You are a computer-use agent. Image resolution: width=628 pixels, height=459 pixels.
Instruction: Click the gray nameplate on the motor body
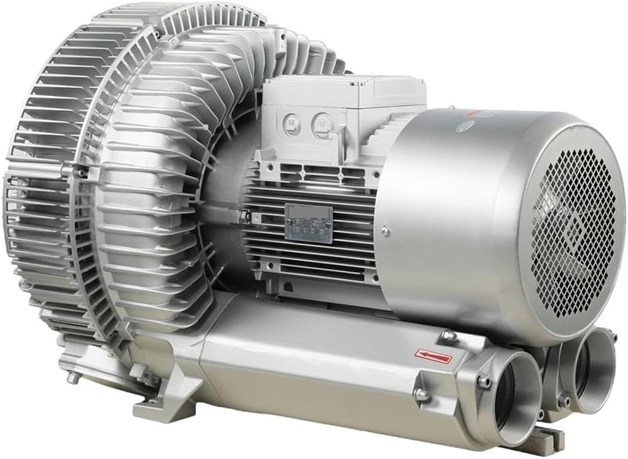[x=308, y=223]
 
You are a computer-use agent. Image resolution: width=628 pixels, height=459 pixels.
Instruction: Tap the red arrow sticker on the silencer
[x=433, y=356]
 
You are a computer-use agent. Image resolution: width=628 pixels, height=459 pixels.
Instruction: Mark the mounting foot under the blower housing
[x=162, y=408]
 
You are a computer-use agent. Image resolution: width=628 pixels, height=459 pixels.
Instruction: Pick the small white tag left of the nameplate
[x=247, y=215]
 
